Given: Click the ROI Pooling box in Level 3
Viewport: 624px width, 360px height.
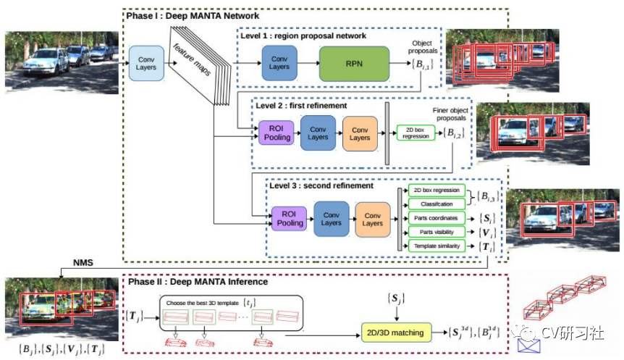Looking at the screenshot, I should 289,218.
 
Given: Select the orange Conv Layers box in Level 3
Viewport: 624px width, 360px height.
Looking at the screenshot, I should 373,218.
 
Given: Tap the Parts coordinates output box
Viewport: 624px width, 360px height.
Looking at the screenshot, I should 436,218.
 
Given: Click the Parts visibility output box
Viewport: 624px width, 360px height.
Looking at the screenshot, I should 436,232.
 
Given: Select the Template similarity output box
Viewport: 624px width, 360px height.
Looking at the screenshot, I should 436,246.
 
